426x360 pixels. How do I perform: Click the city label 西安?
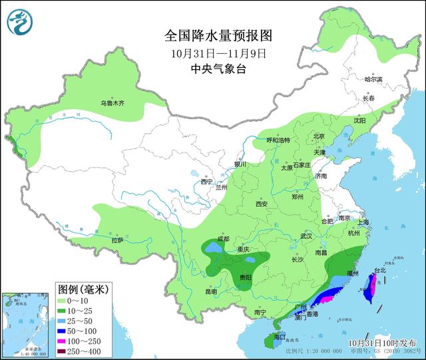260,204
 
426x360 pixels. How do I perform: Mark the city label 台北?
379,271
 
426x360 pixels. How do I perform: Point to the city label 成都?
222,239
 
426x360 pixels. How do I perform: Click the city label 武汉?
306,236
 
